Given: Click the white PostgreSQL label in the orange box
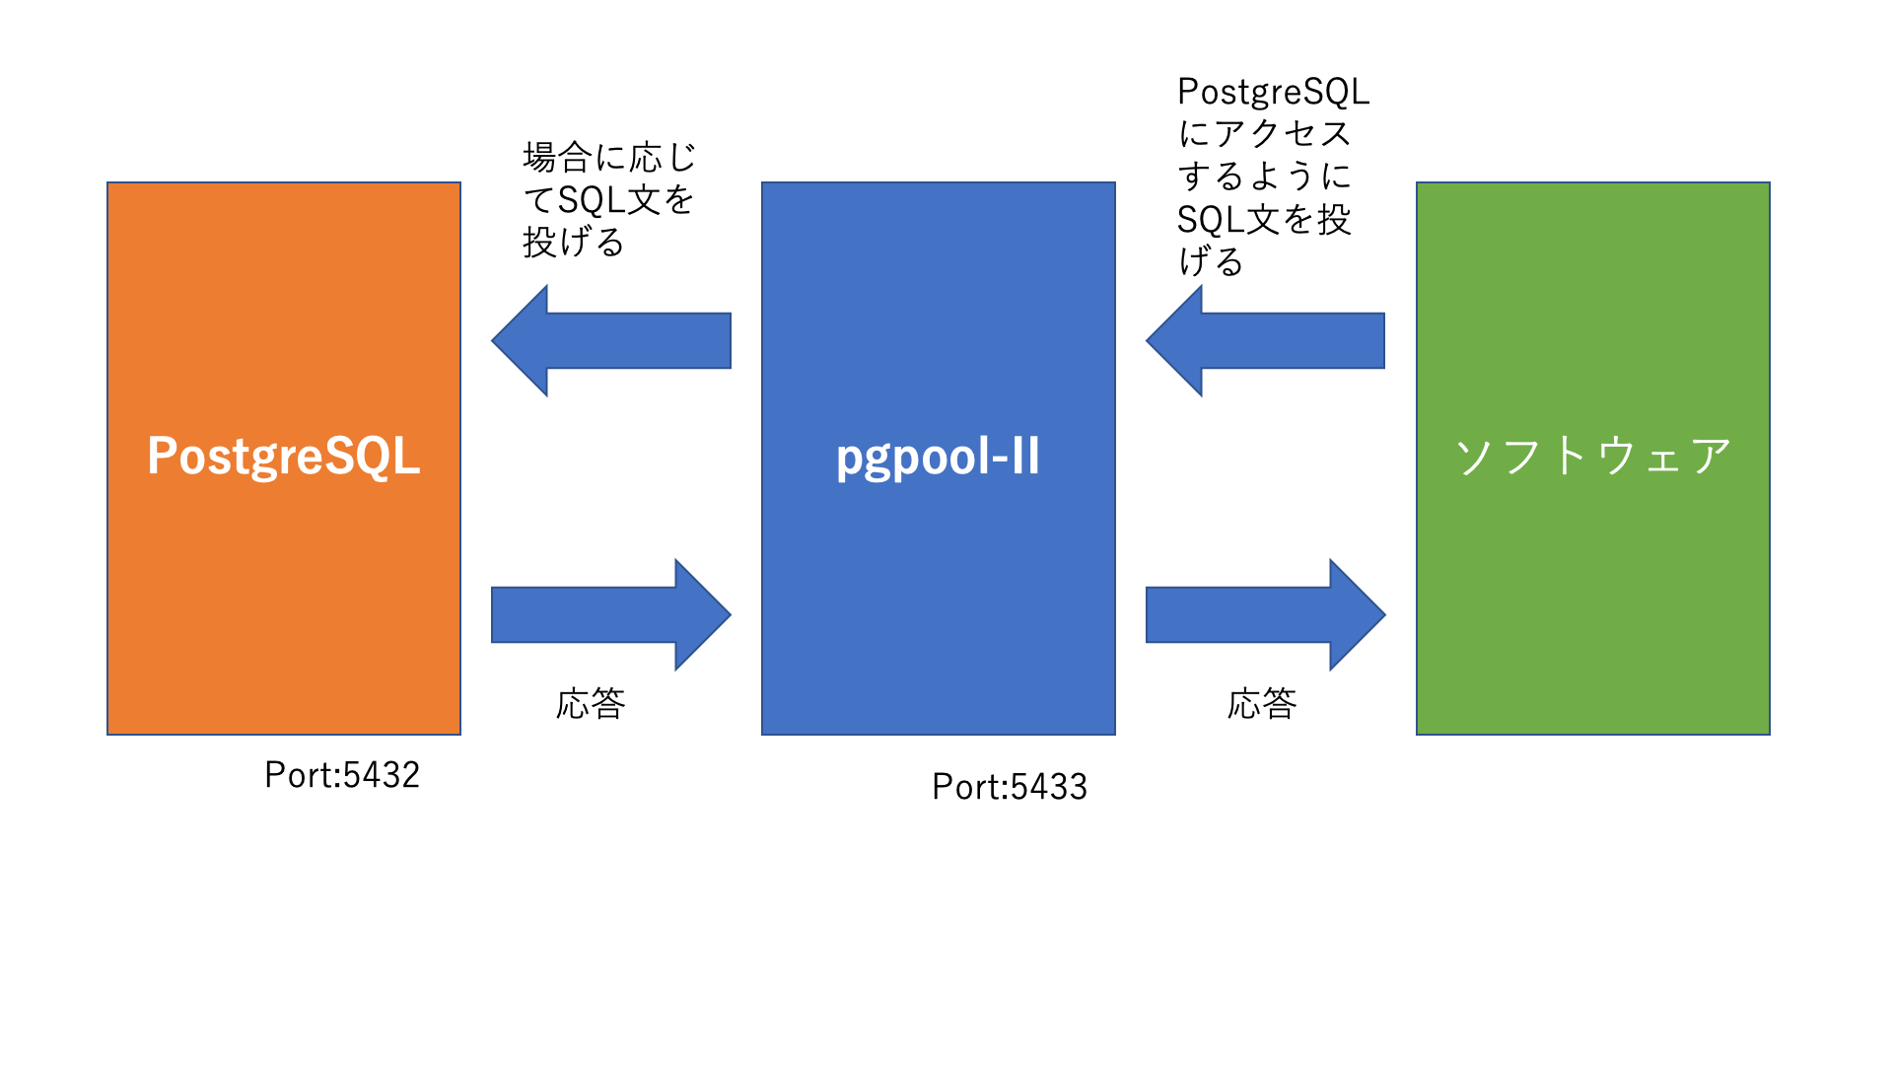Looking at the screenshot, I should pyautogui.click(x=284, y=456).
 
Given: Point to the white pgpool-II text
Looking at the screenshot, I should pyautogui.click(x=938, y=457).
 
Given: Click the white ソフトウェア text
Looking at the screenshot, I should pyautogui.click(x=1592, y=456).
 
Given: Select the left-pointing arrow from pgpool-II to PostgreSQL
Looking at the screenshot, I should pyautogui.click(x=611, y=341).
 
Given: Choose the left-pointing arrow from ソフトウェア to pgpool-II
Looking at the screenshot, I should pyautogui.click(x=1266, y=341).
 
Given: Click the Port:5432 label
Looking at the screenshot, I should pyautogui.click(x=342, y=775).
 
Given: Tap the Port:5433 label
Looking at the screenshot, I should pyautogui.click(x=1010, y=787).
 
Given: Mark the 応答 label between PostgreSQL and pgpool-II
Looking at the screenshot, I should pyautogui.click(x=591, y=704).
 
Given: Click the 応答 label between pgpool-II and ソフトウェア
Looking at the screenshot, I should pyautogui.click(x=1262, y=704).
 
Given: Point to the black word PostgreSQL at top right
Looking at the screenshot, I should pyautogui.click(x=1274, y=92).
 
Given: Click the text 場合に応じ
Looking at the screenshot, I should pyautogui.click(x=609, y=157).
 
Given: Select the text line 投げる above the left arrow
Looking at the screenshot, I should pyautogui.click(x=574, y=242).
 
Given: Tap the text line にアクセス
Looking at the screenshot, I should pyautogui.click(x=1264, y=134).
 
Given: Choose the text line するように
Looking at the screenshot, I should pyautogui.click(x=1264, y=177).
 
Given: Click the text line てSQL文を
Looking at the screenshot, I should pyautogui.click(x=609, y=200).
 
